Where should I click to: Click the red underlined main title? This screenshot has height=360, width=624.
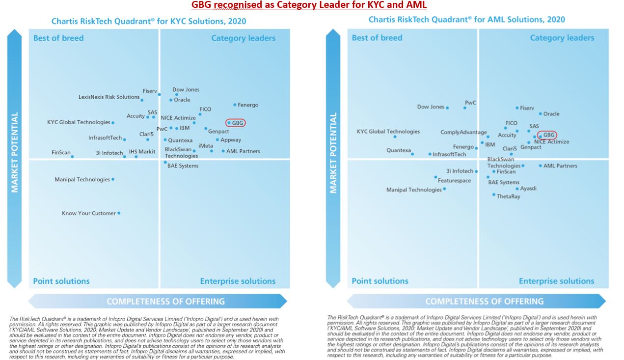309,5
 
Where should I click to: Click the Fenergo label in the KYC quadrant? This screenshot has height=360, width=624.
248,105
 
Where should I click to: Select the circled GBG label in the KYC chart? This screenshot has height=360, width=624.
237,123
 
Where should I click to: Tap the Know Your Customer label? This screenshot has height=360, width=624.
89,213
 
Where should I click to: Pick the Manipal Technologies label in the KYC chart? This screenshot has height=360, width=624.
82,180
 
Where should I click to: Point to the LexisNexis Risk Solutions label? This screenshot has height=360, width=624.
109,97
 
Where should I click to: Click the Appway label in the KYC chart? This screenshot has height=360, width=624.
231,140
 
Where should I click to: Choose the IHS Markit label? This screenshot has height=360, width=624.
142,152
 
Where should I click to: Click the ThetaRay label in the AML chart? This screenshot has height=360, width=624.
508,196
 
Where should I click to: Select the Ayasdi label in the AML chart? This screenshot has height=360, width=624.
528,189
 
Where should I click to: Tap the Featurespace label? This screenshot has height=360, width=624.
454,181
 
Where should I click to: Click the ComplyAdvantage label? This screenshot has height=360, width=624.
463,133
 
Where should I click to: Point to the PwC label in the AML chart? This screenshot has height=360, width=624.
470,103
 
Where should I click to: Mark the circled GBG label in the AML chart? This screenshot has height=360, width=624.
548,135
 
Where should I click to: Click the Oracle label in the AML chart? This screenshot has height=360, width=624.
551,114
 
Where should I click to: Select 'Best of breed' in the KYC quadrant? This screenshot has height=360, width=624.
58,38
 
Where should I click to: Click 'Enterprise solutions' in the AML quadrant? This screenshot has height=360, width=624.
556,281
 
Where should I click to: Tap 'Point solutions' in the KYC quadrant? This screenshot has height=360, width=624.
61,281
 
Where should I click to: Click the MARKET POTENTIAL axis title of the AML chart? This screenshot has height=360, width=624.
333,153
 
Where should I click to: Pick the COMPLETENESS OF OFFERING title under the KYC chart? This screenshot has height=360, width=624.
165,302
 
